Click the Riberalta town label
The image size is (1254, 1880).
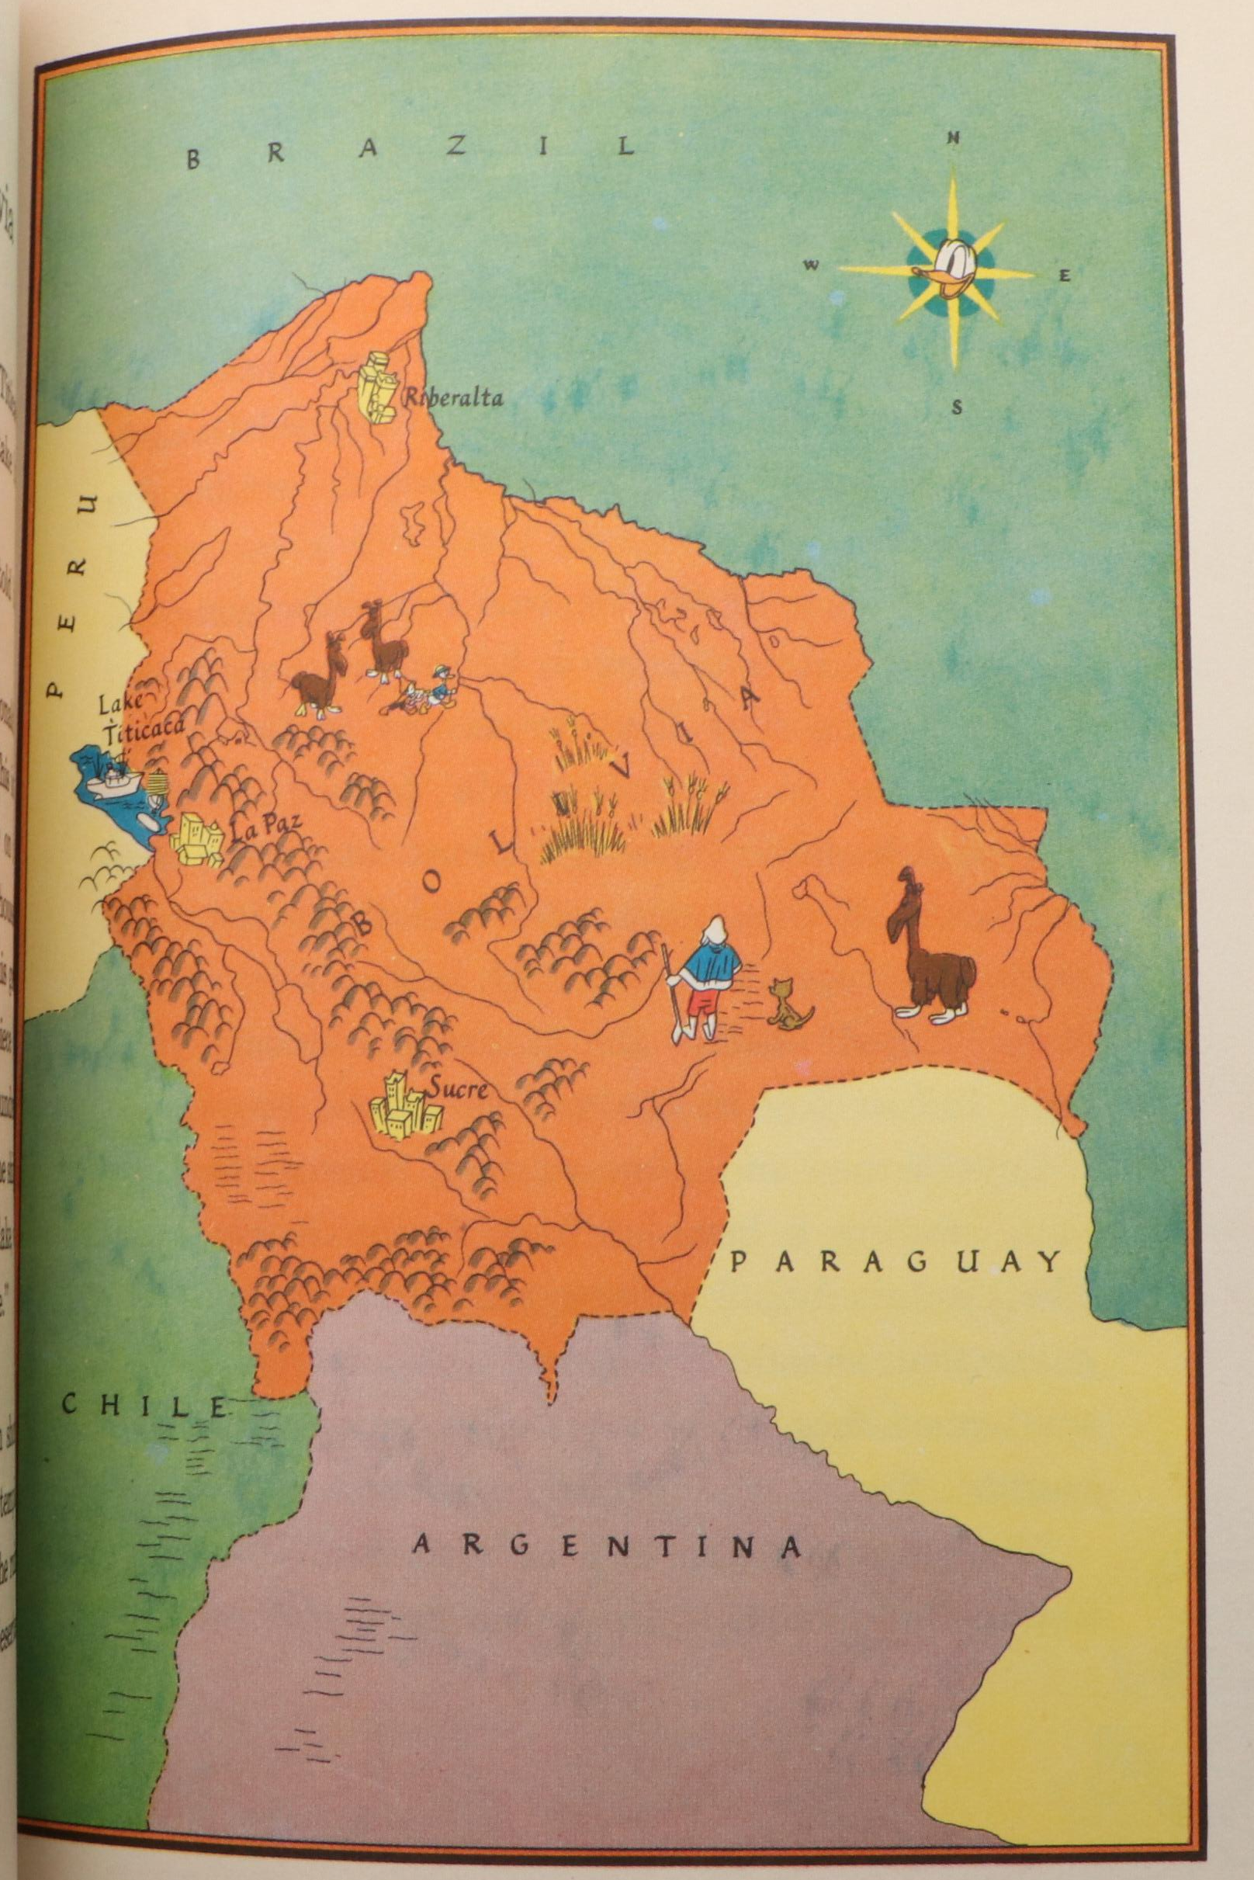(x=453, y=396)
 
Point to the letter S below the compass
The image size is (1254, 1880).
(x=957, y=409)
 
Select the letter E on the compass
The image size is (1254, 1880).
(x=1065, y=276)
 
